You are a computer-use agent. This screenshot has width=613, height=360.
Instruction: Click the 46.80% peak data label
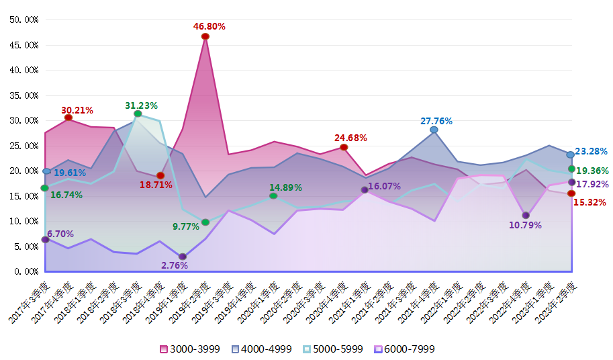coord(209,26)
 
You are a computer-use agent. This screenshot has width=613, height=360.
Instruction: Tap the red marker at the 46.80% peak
coord(205,36)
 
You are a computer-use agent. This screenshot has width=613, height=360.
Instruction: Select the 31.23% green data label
coord(141,105)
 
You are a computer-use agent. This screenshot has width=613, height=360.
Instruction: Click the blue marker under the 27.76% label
coord(434,130)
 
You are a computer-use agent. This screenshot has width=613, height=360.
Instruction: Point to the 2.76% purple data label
coord(175,265)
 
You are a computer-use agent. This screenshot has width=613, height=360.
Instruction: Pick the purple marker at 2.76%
coord(183,257)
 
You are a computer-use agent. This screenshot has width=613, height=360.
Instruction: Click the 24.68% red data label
coord(350,138)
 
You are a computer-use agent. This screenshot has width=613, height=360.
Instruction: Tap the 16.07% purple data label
coord(384,186)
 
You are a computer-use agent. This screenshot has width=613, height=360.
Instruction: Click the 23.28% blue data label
coord(591,151)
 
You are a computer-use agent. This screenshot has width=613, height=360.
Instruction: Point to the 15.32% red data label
coord(591,202)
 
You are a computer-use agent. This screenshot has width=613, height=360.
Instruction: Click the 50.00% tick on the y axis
coord(23,19)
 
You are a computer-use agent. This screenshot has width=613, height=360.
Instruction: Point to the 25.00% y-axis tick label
coord(23,146)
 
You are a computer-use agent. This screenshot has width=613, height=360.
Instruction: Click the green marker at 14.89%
coord(273,195)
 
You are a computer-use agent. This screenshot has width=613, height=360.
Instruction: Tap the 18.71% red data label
coord(156,185)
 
